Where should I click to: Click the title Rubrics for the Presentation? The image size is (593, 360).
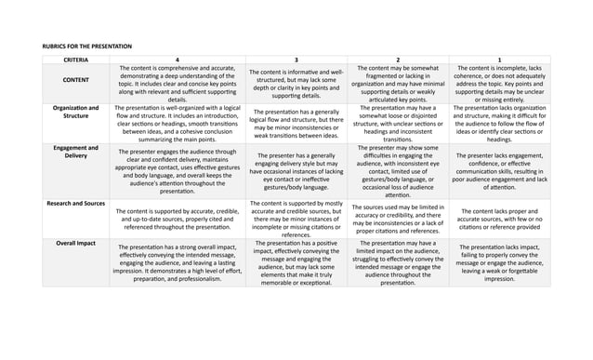[x=87, y=46]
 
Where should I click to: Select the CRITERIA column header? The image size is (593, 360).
[x=76, y=60]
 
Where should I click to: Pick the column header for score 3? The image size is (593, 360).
[x=296, y=60]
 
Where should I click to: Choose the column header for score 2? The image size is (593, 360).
[x=398, y=60]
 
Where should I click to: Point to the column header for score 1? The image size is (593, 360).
[x=499, y=60]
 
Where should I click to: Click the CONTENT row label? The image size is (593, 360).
[x=76, y=81]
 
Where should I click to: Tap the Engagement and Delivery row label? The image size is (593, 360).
[x=76, y=153]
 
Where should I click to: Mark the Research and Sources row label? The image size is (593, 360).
[x=76, y=202]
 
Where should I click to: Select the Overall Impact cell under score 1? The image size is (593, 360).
[x=499, y=262]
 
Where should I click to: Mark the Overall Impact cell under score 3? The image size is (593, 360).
[x=296, y=262]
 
